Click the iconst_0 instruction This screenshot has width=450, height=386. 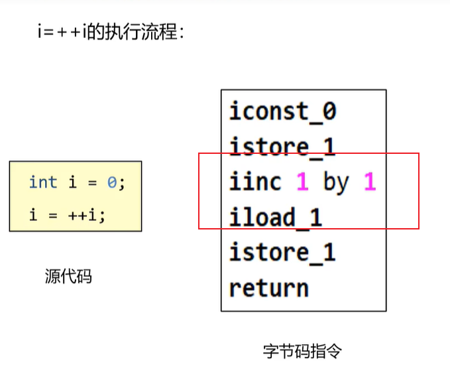[283, 111]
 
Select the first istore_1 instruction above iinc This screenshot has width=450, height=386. [282, 146]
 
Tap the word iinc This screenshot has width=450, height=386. [255, 181]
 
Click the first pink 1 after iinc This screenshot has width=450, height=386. [302, 182]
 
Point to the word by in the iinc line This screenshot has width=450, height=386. [336, 182]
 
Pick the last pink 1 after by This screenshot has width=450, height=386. [370, 182]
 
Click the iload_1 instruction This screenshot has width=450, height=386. [276, 217]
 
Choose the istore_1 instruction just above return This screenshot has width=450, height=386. [282, 252]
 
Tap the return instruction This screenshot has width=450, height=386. [269, 287]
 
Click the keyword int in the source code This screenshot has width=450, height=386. [42, 182]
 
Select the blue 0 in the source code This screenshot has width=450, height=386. [112, 182]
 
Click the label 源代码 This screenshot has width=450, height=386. [68, 277]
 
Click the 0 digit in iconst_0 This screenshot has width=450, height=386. [329, 111]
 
